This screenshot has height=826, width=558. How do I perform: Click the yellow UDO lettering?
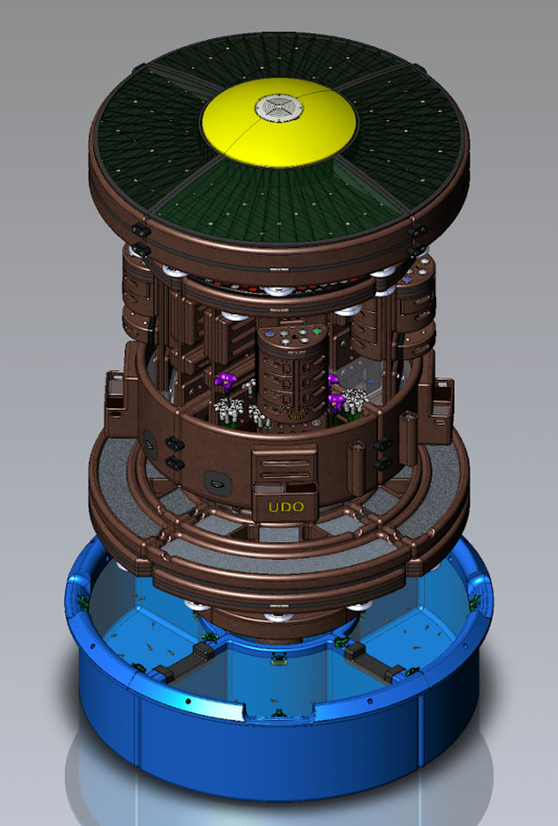pyautogui.click(x=287, y=507)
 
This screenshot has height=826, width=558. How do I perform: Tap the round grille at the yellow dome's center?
pyautogui.click(x=278, y=107)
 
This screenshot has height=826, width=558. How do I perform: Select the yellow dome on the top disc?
pyautogui.click(x=279, y=123)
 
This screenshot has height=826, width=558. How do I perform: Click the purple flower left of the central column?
pyautogui.click(x=227, y=380)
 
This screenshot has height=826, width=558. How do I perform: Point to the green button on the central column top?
pyautogui.click(x=317, y=332)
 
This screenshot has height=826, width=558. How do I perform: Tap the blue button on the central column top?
pyautogui.click(x=270, y=334)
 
